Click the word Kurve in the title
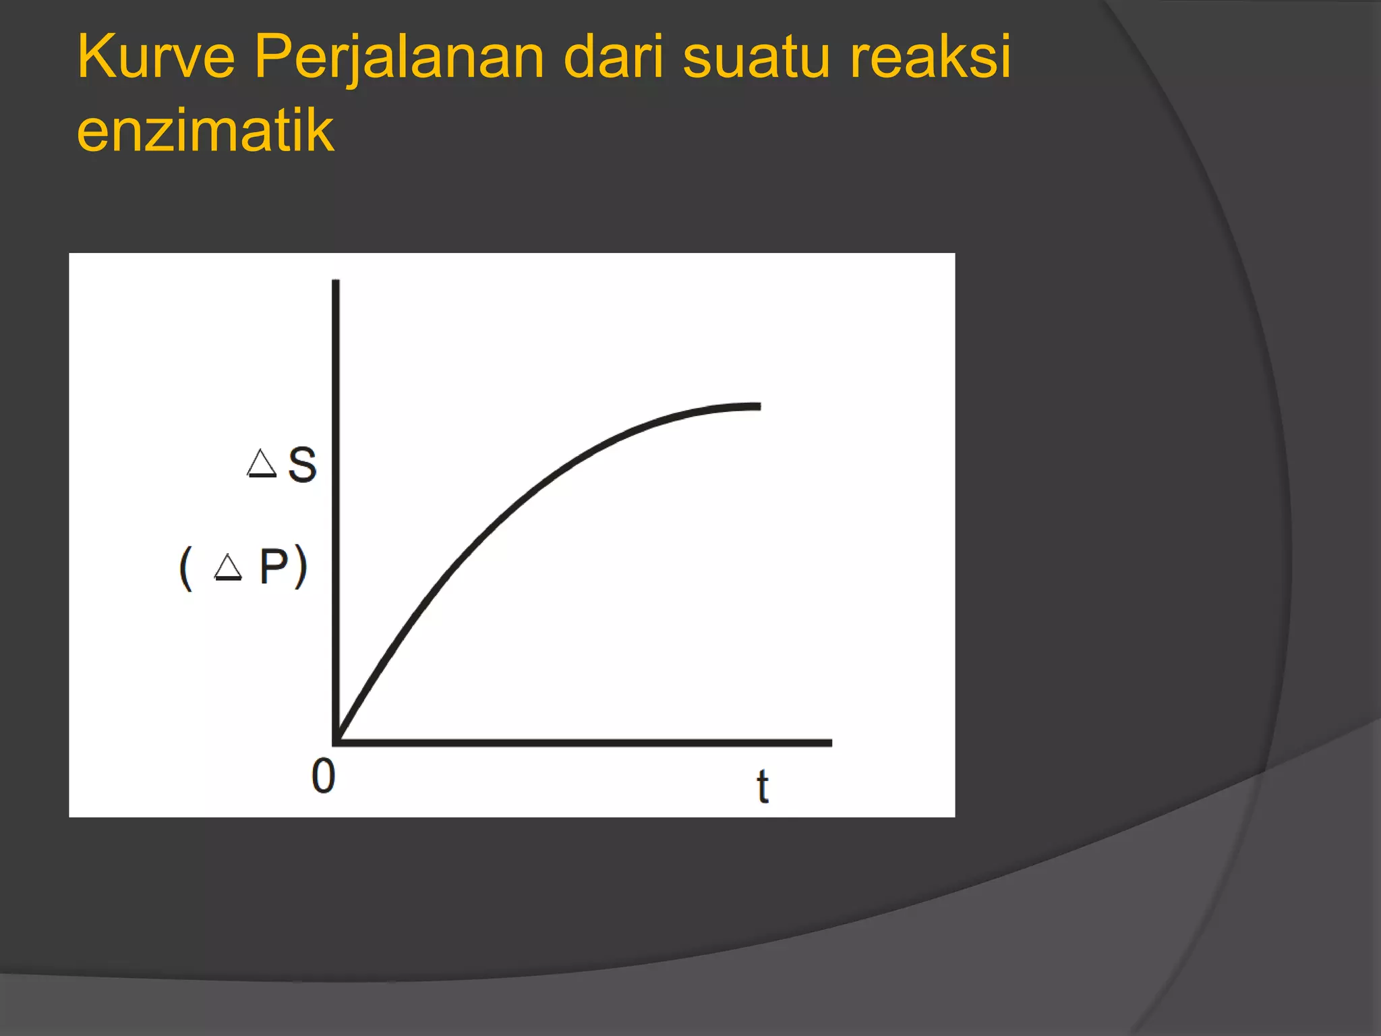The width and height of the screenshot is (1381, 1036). (x=156, y=57)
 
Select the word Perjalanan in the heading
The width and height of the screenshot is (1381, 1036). (x=399, y=58)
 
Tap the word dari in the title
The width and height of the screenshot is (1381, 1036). (x=613, y=57)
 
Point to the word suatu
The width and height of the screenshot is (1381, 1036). (x=756, y=57)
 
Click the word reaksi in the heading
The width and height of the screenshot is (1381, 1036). (x=931, y=57)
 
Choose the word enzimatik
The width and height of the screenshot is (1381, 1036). (x=205, y=130)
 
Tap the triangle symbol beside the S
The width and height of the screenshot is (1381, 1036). (x=262, y=463)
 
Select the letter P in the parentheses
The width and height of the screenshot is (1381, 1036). (x=274, y=566)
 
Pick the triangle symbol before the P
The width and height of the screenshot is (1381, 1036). (x=228, y=567)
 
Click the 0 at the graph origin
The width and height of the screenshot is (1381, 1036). (x=324, y=776)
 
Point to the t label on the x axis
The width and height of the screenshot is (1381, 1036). (x=763, y=786)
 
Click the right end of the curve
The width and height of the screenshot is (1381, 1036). (x=759, y=407)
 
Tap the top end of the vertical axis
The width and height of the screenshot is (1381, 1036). (x=336, y=282)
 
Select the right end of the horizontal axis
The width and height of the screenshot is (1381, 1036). (x=830, y=743)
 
